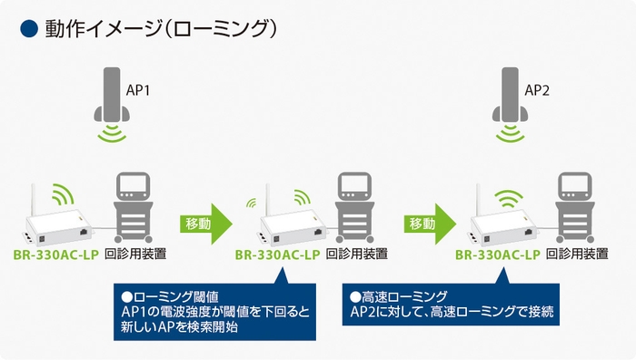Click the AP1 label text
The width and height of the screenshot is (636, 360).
(x=138, y=92)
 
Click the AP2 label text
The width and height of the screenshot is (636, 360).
(x=538, y=92)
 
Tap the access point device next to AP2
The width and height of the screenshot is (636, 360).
(x=509, y=95)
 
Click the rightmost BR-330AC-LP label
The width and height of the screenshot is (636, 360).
(x=498, y=255)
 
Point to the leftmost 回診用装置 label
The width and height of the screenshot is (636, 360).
(x=135, y=255)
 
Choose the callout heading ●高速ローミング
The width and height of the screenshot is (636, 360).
(x=398, y=296)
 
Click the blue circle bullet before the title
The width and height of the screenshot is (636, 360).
(x=27, y=29)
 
